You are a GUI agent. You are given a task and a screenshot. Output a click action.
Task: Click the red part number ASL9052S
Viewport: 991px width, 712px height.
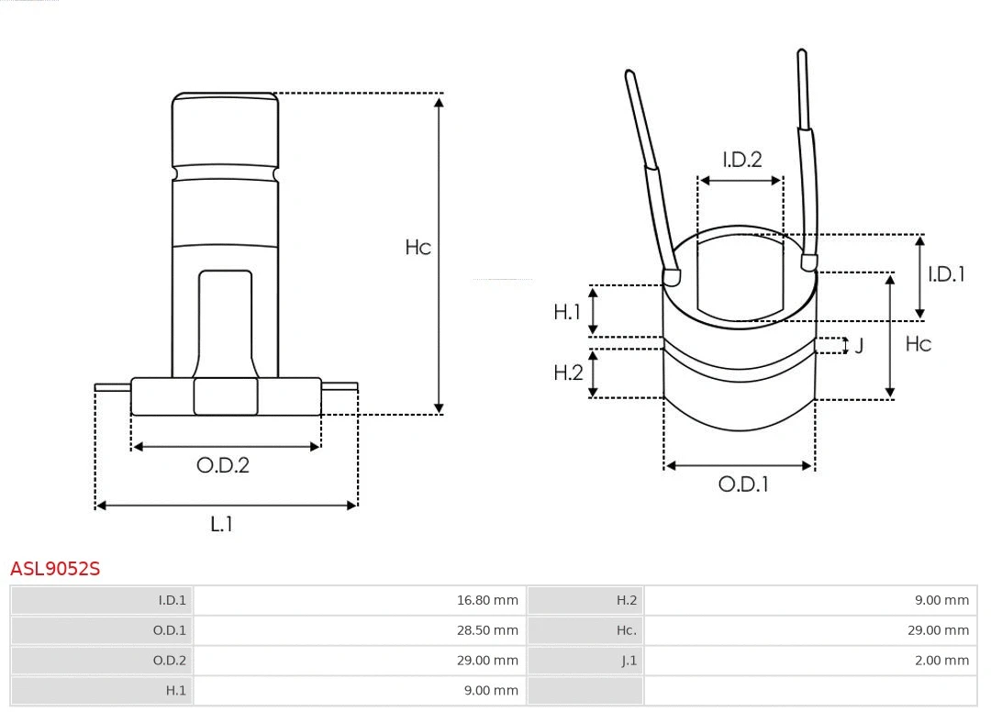[55, 569]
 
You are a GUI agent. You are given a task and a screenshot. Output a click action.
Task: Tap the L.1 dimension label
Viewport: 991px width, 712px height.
[221, 524]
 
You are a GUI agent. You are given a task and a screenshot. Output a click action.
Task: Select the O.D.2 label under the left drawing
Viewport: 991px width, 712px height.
[223, 465]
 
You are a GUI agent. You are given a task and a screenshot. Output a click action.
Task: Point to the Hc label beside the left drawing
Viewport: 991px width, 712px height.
[418, 248]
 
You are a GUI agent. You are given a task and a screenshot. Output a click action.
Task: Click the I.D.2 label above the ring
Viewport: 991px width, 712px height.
[741, 160]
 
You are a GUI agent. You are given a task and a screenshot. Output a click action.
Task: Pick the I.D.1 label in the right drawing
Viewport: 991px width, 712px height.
[946, 274]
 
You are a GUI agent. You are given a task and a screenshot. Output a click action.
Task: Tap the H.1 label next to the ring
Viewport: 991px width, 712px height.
[567, 313]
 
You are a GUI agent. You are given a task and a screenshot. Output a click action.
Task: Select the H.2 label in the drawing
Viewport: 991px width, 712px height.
[568, 373]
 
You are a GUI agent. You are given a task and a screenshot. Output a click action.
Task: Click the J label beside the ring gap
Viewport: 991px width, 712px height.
[859, 346]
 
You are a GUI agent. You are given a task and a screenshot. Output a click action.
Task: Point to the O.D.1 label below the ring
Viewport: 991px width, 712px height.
[742, 484]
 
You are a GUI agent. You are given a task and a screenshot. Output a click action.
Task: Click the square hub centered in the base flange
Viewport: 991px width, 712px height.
[225, 396]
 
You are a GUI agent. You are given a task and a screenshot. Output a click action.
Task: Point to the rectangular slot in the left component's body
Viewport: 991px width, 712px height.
[225, 321]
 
